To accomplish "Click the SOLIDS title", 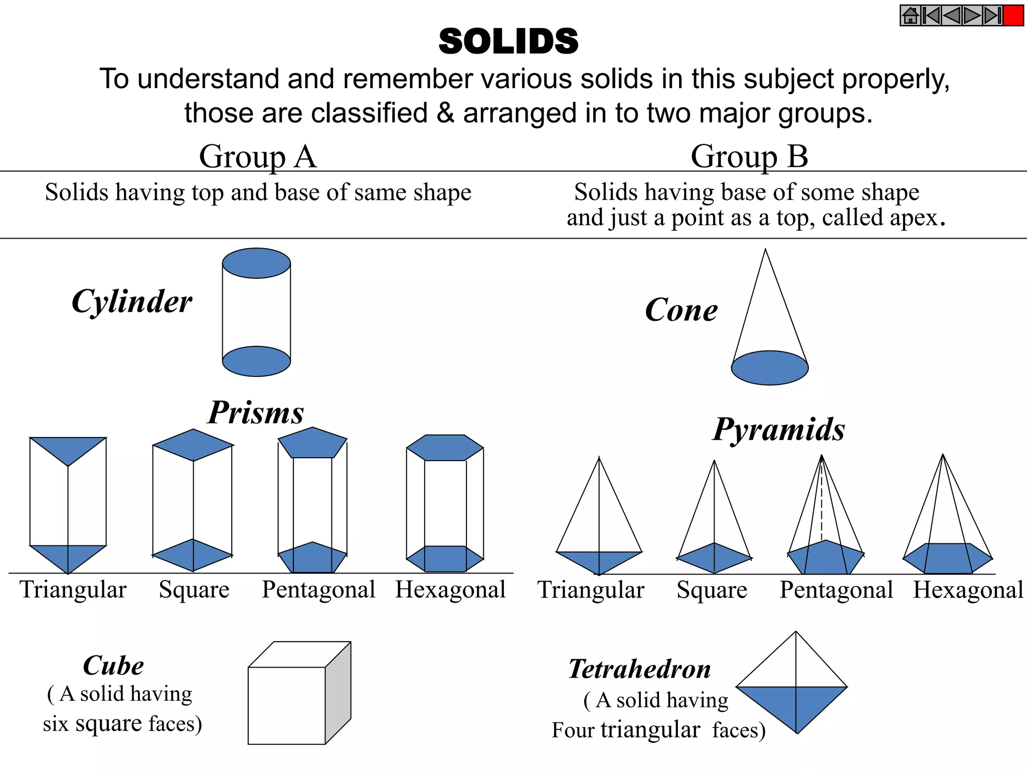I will click(508, 41).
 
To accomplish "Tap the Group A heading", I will click(258, 156).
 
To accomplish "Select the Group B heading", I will click(749, 156).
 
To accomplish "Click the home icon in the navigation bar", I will click(911, 16).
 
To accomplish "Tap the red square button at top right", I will click(1013, 16).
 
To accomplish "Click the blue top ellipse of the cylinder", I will click(256, 263).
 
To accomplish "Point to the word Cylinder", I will click(132, 302).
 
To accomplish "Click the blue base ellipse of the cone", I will click(770, 368).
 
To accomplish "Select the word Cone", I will click(681, 310).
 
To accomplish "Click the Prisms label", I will click(256, 413).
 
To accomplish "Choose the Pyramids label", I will click(779, 430).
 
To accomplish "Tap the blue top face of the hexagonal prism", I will click(445, 448).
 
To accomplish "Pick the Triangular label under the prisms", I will click(73, 590).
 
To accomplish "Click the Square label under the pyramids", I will click(712, 590).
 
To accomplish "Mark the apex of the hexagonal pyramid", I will click(943, 455).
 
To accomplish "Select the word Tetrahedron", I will click(640, 669).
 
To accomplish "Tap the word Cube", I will click(113, 666).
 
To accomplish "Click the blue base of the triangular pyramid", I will click(599, 561).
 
